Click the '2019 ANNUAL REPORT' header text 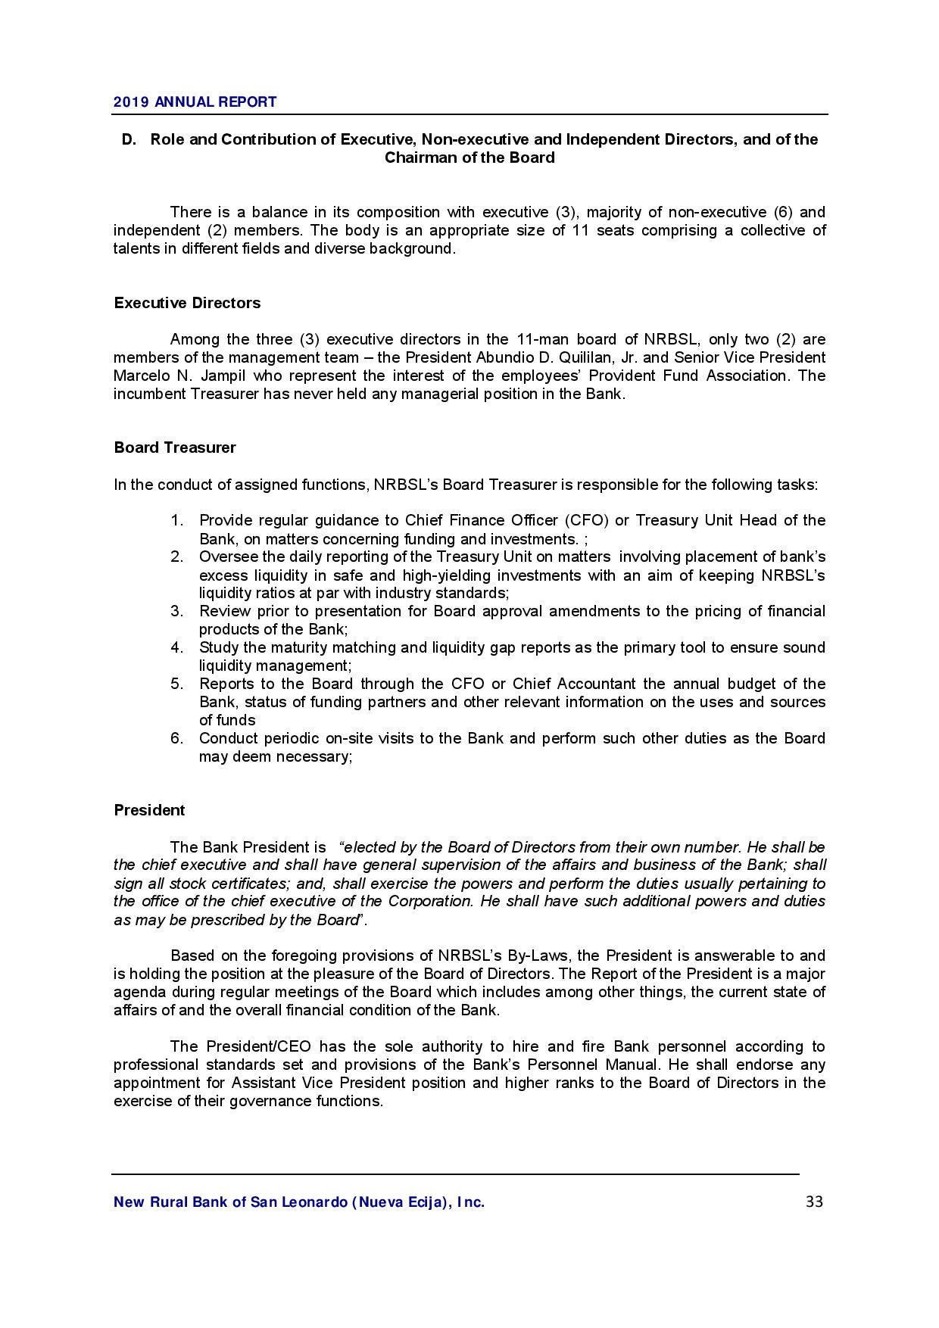click(x=195, y=102)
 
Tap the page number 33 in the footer click(x=814, y=1202)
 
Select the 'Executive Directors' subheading click(x=187, y=303)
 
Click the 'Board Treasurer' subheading click(x=175, y=447)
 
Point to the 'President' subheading click(x=149, y=810)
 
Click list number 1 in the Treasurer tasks click(x=176, y=520)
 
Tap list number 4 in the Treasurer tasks click(x=176, y=647)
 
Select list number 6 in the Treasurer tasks click(x=176, y=738)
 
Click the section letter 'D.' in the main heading click(x=129, y=139)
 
